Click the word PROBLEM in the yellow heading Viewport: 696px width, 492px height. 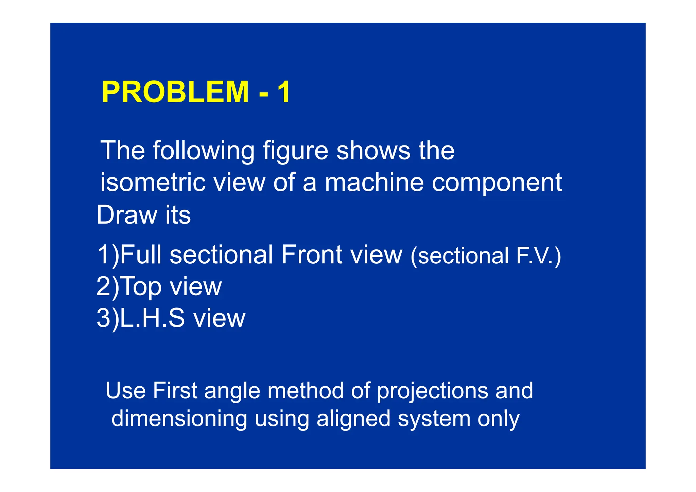(x=175, y=92)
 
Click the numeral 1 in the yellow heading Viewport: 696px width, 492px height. (x=284, y=92)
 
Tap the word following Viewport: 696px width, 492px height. (x=204, y=151)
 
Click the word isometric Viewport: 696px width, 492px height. (x=153, y=182)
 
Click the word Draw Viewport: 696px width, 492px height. (x=127, y=215)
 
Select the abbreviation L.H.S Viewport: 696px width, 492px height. (x=153, y=318)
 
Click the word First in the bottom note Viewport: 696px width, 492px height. (x=175, y=390)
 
